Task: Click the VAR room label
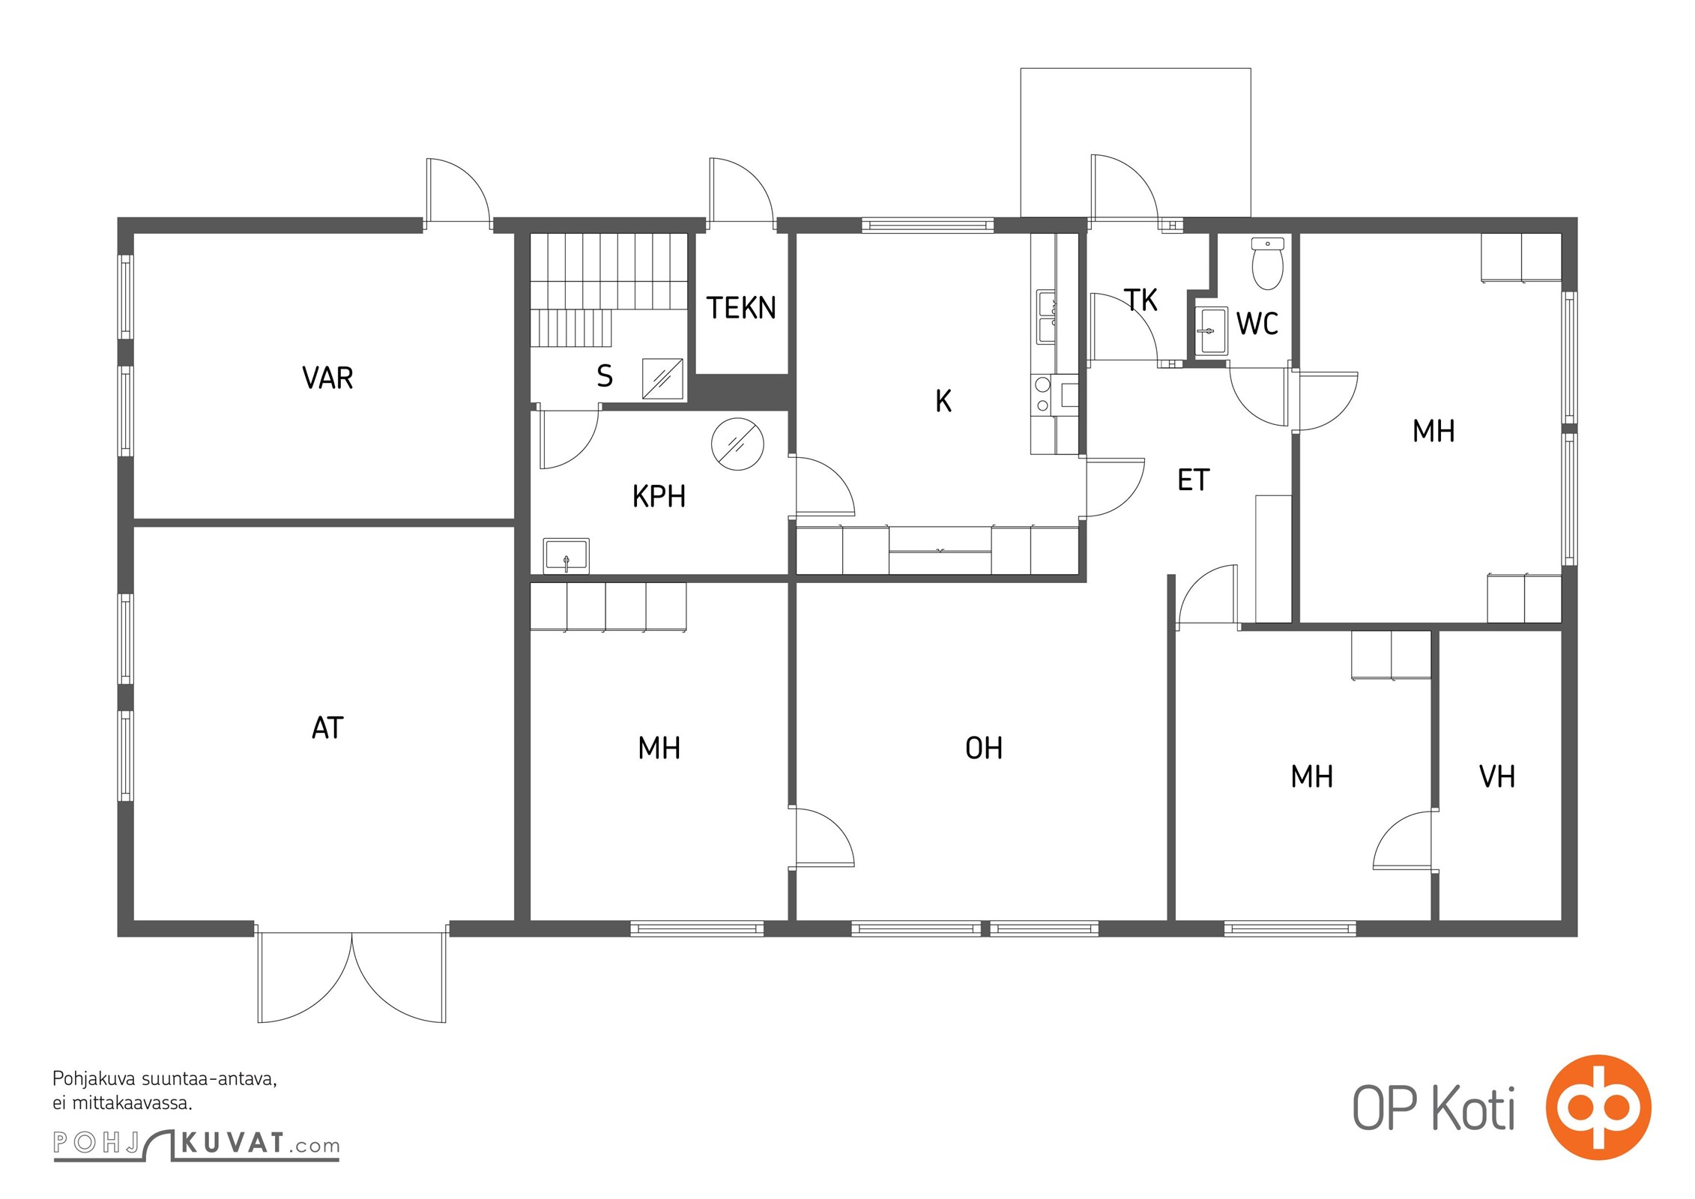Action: pyautogui.click(x=327, y=378)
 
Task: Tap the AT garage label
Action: pyautogui.click(x=327, y=728)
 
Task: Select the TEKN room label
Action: pyautogui.click(x=741, y=308)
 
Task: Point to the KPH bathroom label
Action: pyautogui.click(x=659, y=497)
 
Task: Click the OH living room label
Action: pyautogui.click(x=984, y=748)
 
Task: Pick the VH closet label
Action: pyautogui.click(x=1497, y=777)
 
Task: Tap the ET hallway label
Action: pyautogui.click(x=1193, y=480)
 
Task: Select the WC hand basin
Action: pyautogui.click(x=1210, y=330)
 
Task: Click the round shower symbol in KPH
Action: pyautogui.click(x=737, y=444)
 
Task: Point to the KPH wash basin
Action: pyautogui.click(x=566, y=556)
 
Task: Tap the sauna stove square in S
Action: pyautogui.click(x=662, y=379)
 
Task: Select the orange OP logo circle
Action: pyautogui.click(x=1598, y=1108)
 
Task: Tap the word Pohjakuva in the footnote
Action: pyautogui.click(x=94, y=1080)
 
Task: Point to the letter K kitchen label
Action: pyautogui.click(x=943, y=402)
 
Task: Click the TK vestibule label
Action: pyautogui.click(x=1140, y=300)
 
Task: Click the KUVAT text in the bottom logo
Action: pyautogui.click(x=232, y=1144)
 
